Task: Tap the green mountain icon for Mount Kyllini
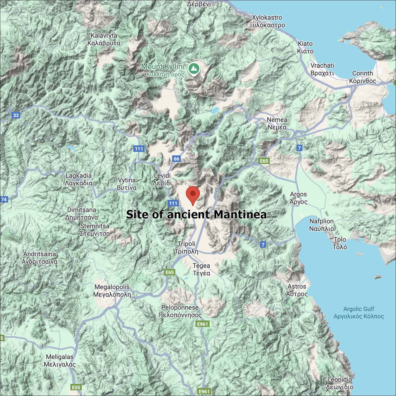[194, 68]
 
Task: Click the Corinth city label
[362, 77]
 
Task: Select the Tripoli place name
[186, 247]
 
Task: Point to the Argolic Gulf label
[359, 313]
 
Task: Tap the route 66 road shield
[176, 159]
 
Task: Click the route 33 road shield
[16, 115]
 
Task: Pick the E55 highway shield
[76, 387]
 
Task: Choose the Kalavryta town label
[104, 39]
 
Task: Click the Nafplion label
[322, 225]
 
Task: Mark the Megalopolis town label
[112, 291]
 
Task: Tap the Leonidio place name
[340, 383]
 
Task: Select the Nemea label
[277, 123]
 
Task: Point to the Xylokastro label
[267, 21]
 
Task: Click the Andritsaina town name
[40, 258]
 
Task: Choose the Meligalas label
[60, 361]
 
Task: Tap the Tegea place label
[201, 269]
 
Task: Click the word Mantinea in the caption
[240, 214]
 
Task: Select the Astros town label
[297, 290]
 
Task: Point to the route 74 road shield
[4, 199]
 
